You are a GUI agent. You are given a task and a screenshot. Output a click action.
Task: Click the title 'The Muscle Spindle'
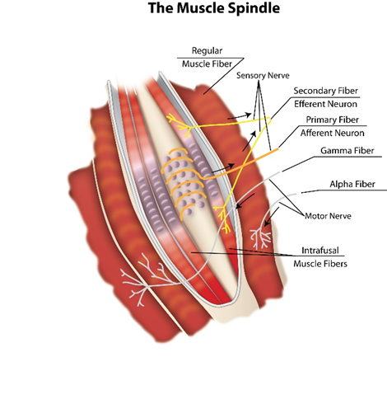coord(214,8)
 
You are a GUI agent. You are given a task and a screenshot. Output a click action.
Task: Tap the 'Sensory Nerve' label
coord(263,76)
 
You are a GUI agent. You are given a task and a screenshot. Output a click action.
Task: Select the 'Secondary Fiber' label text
coord(325,91)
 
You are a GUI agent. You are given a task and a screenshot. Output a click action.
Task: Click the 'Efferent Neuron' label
coord(325,104)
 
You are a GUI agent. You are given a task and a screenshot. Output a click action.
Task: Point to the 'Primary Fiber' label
coord(332,120)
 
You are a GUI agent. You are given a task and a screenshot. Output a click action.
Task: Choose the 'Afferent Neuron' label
coord(332,133)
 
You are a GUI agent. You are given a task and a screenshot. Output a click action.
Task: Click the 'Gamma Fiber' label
coord(347,151)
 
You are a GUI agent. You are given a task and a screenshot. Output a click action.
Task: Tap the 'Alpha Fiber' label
coord(352,184)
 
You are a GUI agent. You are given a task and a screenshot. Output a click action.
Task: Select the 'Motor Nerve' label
coord(328,216)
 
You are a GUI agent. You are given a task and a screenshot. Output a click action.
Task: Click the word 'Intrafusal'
coord(320,251)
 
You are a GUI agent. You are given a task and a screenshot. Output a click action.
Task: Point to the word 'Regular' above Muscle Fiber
coord(207,50)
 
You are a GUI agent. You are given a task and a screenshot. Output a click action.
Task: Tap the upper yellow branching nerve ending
coord(179,125)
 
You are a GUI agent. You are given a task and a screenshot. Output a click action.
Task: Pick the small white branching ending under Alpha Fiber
coord(261,237)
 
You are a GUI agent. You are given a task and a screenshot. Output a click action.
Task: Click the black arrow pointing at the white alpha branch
coord(272,217)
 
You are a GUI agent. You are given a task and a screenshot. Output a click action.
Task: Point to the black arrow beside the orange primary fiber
coord(223,168)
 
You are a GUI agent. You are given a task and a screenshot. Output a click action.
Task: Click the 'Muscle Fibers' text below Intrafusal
coord(320,264)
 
